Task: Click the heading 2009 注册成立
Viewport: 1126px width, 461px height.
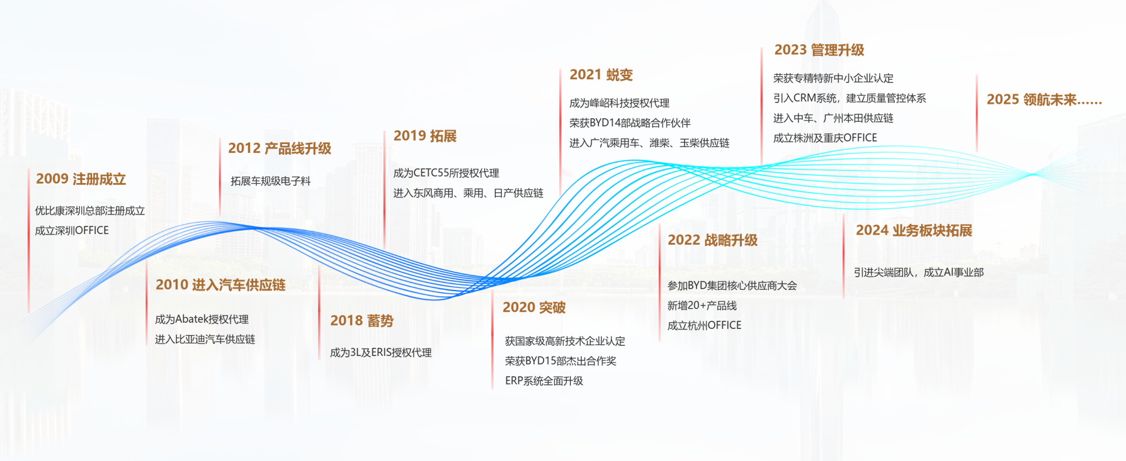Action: click(x=81, y=179)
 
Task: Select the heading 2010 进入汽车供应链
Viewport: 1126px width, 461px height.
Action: click(x=220, y=285)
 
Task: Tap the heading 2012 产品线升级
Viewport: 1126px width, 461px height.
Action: click(x=280, y=148)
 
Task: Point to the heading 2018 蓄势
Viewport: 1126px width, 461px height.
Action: click(x=362, y=321)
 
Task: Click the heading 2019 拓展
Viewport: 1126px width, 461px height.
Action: click(x=425, y=136)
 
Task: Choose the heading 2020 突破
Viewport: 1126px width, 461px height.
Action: click(x=534, y=308)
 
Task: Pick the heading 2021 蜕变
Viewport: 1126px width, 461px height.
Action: click(x=601, y=75)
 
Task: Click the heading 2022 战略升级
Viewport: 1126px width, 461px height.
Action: click(x=712, y=240)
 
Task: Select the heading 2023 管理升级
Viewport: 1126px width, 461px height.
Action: click(x=819, y=50)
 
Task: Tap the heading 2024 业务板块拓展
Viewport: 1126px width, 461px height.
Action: click(x=914, y=231)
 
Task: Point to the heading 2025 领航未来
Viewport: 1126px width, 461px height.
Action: click(x=1044, y=100)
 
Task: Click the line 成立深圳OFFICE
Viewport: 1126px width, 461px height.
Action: click(x=72, y=231)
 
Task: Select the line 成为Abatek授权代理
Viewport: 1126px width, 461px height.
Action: click(x=202, y=319)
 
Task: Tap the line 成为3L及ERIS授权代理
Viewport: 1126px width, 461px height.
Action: click(x=381, y=353)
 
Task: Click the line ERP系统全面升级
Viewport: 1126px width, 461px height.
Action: click(x=544, y=381)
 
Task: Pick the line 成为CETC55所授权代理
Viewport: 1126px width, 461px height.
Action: click(x=446, y=173)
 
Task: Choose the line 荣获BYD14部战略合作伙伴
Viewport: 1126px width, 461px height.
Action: click(x=630, y=123)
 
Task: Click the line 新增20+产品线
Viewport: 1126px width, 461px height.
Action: click(x=702, y=306)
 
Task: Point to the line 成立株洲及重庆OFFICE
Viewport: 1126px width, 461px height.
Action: click(x=825, y=138)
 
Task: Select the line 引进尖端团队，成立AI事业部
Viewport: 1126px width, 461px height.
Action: click(x=919, y=272)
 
